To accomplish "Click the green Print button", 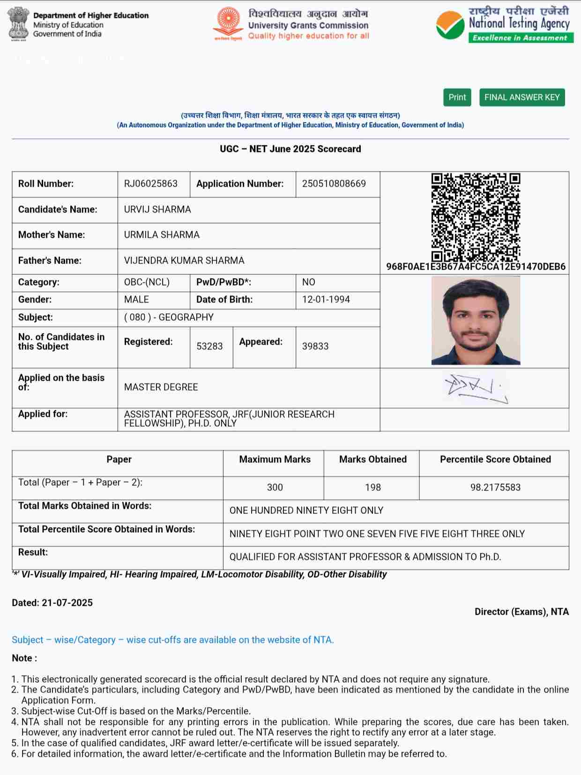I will pos(457,97).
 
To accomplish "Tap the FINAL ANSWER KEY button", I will pos(522,97).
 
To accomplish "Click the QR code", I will pos(476,217).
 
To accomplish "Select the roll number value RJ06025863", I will pos(151,184).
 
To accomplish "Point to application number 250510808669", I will pos(334,184).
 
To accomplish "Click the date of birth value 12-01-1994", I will pos(326,300).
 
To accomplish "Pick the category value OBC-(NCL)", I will pos(147,282).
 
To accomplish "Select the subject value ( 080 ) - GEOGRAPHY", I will pos(169,317).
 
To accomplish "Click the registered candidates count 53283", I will pos(209,346).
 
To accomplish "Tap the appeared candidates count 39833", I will pos(315,346).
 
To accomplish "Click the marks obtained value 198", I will pos(372,488).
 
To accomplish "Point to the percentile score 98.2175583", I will pos(495,488).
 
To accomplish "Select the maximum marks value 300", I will pos(275,488).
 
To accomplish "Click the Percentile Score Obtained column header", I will pos(495,459).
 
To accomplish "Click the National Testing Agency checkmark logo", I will pos(450,25).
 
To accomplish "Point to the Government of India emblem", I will pos(18,23).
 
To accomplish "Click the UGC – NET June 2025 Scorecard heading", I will pos(290,149).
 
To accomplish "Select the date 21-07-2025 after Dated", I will pos(67,603).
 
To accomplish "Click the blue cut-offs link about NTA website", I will pos(173,640).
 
